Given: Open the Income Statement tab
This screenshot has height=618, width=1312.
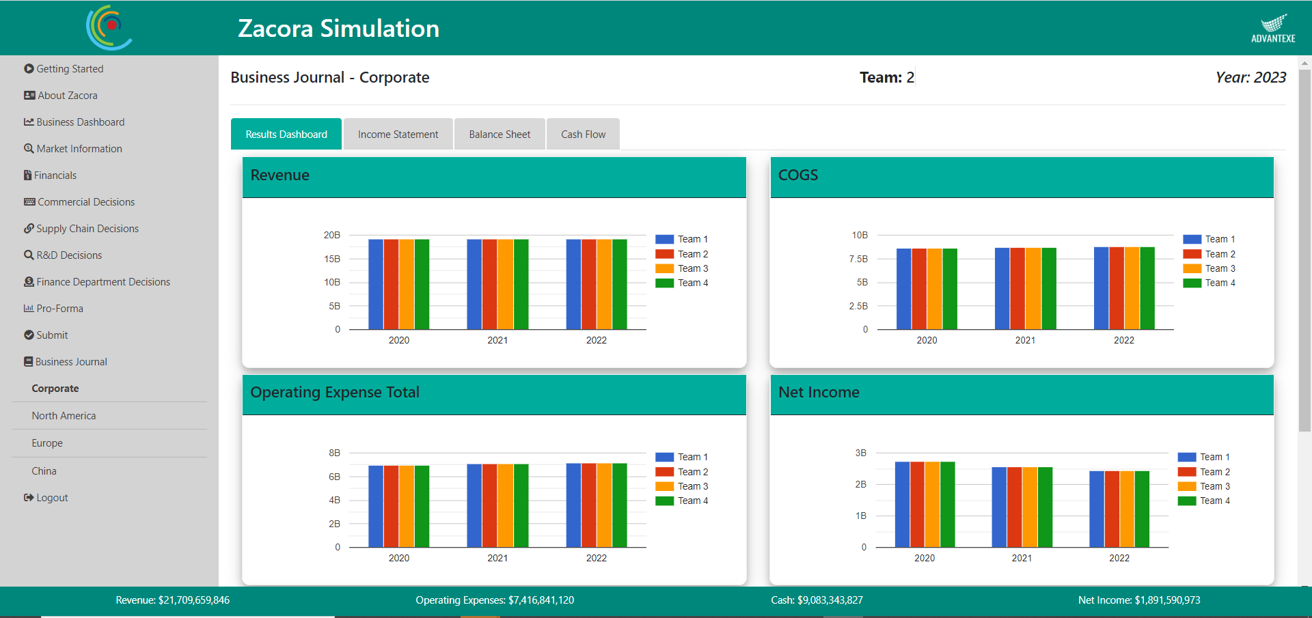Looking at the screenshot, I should point(398,135).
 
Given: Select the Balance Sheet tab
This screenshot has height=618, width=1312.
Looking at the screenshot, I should point(500,135).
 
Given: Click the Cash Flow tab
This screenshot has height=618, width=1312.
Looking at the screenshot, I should point(583,135).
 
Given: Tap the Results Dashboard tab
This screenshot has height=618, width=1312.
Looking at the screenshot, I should point(286,135).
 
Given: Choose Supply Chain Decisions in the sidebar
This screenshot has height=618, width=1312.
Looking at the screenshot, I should point(87,229).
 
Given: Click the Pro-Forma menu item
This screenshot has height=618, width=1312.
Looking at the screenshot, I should point(59,309).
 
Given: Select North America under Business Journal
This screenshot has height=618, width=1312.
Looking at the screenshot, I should point(64,416).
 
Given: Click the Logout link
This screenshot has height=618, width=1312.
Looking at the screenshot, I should point(52,498).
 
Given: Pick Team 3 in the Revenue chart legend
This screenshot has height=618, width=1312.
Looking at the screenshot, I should point(692,268).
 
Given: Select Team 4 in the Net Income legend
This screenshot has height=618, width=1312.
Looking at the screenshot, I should point(1214,501).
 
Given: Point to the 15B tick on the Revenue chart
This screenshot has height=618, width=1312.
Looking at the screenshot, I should point(332,259).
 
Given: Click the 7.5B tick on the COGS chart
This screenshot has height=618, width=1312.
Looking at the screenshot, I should point(858,259).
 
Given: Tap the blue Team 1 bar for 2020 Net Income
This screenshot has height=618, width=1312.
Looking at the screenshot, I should point(902,504).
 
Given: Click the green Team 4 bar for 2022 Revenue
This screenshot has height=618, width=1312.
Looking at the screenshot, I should point(619,284).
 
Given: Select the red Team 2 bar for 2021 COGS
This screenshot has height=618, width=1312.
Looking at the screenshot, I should point(1017,288).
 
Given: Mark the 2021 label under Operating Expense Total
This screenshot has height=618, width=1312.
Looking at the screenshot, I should point(497,558).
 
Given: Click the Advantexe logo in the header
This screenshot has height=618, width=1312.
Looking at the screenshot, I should point(1273,29).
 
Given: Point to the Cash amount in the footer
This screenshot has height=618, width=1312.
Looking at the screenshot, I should point(817,600).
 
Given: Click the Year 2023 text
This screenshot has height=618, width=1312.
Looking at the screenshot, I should point(1250,78).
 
